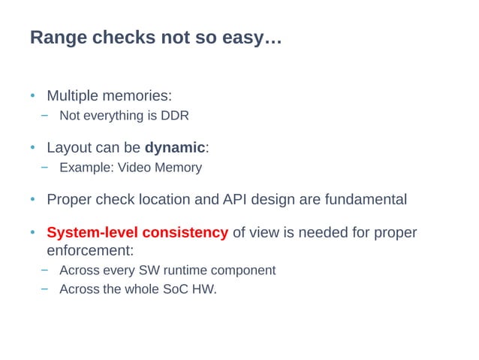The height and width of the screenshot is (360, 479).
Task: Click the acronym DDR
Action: point(175,116)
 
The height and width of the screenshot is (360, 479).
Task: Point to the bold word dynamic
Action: point(174,147)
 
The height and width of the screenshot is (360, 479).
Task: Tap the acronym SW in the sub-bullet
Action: point(158,270)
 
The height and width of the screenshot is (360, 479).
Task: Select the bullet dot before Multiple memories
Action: point(33,97)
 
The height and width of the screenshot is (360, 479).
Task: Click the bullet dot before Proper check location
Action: point(33,200)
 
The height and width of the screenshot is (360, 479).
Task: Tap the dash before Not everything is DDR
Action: point(45,116)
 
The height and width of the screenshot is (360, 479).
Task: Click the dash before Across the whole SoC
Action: point(45,289)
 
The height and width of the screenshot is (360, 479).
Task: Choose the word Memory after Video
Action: point(178,167)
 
